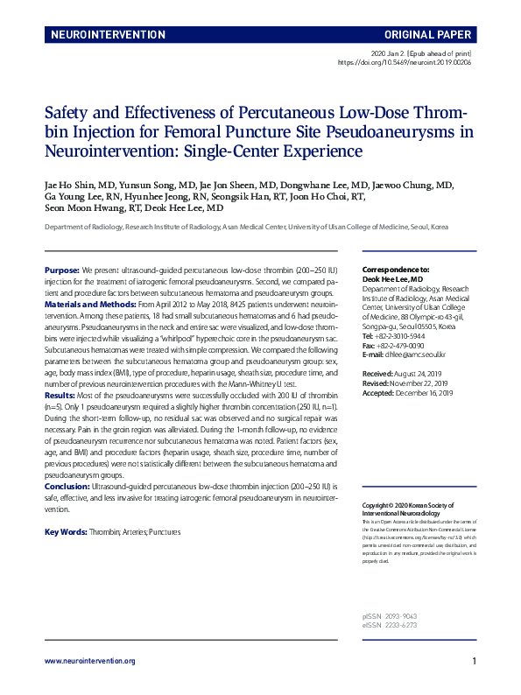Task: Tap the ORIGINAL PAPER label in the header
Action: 426,35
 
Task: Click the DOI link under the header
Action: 405,63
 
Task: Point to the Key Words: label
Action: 66,532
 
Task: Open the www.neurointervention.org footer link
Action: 89,661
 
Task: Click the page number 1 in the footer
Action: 474,661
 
